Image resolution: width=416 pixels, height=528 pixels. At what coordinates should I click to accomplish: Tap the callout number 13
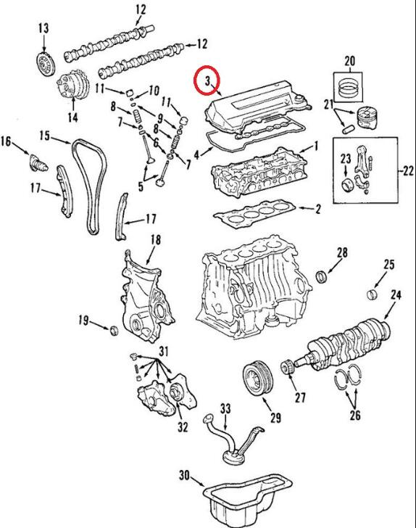click(43, 28)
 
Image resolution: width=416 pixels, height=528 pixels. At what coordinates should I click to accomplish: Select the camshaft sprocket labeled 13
click(45, 64)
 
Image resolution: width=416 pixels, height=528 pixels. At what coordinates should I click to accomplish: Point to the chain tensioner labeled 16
click(38, 162)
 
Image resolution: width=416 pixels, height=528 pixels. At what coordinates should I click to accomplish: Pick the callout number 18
click(155, 240)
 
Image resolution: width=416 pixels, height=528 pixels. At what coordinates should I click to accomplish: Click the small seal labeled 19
click(115, 330)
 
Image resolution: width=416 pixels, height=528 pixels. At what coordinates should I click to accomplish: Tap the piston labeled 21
click(367, 117)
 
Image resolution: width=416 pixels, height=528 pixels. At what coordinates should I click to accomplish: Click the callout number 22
click(407, 171)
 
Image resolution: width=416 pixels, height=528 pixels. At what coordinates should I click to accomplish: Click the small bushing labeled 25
click(372, 293)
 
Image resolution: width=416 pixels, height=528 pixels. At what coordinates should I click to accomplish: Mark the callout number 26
click(355, 415)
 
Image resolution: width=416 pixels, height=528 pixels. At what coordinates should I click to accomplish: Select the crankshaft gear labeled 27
click(286, 367)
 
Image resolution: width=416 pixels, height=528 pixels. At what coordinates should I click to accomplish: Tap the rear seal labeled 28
click(322, 277)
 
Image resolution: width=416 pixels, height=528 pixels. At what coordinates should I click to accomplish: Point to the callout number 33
click(225, 409)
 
